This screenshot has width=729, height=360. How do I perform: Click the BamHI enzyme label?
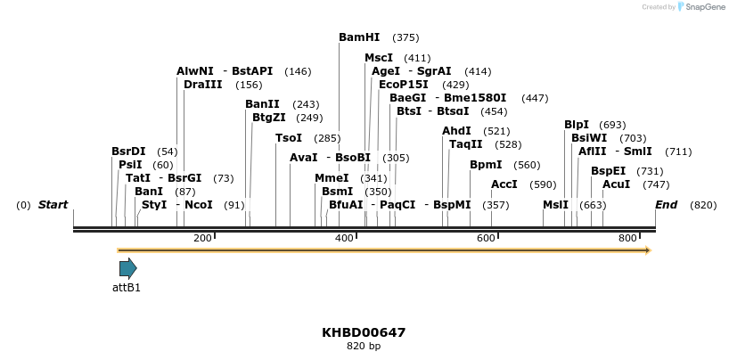359,37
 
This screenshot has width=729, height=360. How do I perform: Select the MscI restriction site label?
379,58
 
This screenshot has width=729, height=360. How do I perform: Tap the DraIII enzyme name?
202,85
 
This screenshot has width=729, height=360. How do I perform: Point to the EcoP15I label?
404,84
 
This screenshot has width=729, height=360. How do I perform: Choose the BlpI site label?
577,125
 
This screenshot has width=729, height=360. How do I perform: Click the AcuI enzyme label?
617,184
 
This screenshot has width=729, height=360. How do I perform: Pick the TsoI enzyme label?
289,138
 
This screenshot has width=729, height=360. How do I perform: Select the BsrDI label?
128,151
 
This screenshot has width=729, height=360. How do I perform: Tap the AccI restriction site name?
504,184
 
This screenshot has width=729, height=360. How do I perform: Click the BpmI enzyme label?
486,165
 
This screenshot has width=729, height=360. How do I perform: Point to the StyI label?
154,205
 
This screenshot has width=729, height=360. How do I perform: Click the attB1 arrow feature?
127,268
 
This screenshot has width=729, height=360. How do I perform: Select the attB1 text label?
127,288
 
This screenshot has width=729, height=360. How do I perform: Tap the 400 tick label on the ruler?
344,238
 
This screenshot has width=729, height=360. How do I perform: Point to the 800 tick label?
628,238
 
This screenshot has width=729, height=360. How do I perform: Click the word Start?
53,205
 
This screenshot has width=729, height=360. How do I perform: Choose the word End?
666,205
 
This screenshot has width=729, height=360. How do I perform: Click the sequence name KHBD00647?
364,332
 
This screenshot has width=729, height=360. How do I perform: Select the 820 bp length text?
364,346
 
